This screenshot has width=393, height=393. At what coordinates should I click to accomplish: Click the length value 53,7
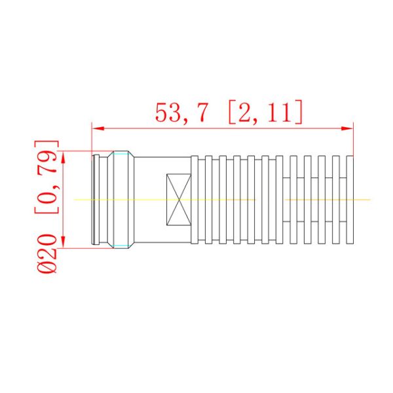tap(181, 113)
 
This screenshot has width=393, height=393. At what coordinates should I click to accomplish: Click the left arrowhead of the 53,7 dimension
tap(96, 128)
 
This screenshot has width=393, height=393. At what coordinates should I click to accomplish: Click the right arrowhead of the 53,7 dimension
tap(349, 128)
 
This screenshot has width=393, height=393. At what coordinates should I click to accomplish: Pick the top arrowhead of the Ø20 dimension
tap(64, 156)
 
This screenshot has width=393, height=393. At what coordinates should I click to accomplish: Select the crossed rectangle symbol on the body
tap(178, 199)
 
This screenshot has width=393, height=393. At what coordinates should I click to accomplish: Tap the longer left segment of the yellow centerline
tap(164, 199)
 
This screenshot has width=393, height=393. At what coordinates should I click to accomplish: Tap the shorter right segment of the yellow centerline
tap(327, 199)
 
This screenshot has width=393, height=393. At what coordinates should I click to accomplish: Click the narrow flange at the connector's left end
tap(95, 199)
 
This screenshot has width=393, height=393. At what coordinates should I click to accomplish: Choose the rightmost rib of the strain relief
tap(351, 199)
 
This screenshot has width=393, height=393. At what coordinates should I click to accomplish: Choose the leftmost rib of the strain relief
tap(195, 199)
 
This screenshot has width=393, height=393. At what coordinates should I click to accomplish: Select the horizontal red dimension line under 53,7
tap(223, 128)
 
